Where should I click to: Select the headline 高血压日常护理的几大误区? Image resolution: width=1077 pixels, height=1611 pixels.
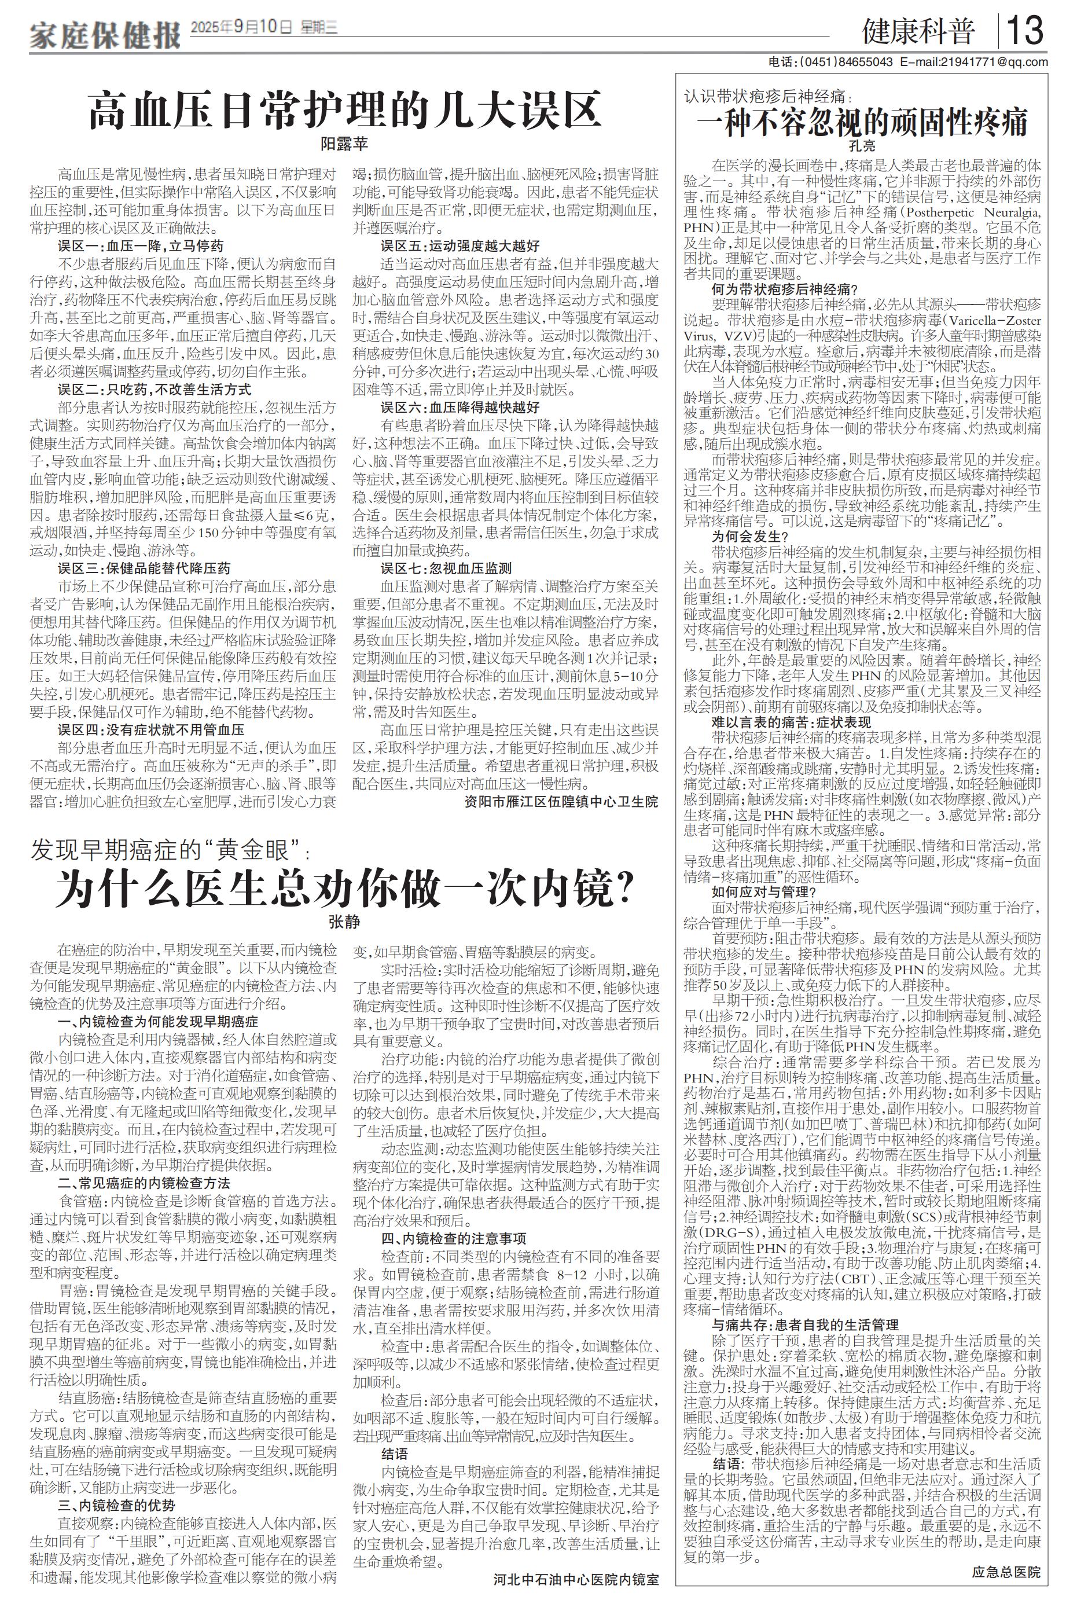(x=345, y=111)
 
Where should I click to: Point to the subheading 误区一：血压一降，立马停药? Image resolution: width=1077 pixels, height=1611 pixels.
(x=141, y=245)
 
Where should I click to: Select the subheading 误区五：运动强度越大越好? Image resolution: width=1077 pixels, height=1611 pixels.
(x=460, y=245)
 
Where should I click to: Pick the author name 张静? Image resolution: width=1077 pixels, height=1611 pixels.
(x=345, y=922)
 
